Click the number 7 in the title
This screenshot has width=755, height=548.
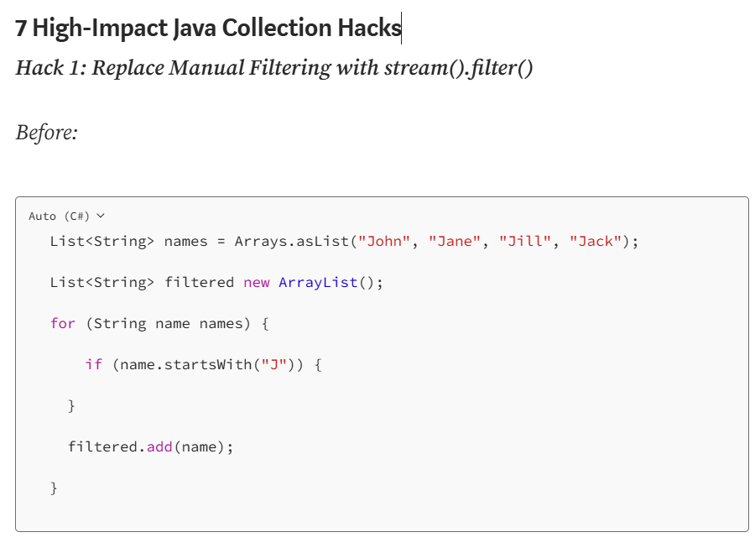(21, 29)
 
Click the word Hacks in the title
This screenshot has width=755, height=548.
(369, 29)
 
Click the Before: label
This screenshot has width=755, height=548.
(47, 132)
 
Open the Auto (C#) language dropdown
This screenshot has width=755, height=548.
(67, 216)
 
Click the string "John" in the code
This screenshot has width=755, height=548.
(384, 242)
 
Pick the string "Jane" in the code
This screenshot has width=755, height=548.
(455, 242)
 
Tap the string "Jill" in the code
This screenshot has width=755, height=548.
(525, 242)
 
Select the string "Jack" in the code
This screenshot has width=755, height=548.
(596, 242)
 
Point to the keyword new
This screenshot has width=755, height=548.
(257, 283)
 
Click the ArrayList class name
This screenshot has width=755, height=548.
(319, 283)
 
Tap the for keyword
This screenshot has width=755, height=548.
(63, 324)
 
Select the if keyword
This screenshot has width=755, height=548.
(93, 365)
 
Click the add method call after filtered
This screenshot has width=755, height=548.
(159, 447)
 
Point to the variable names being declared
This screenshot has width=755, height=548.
(185, 242)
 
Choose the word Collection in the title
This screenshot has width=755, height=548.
(277, 29)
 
